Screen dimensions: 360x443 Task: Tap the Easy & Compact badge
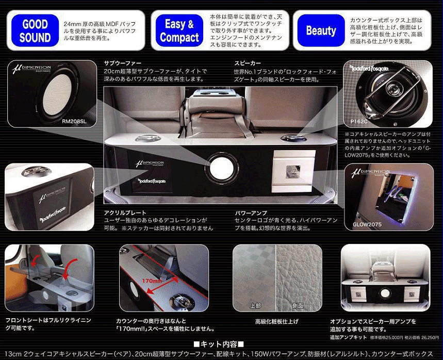coord(179,30)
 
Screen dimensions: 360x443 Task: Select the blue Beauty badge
coord(321,30)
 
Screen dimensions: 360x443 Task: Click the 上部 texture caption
coord(255,305)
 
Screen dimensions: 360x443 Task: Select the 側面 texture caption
coord(298,305)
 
